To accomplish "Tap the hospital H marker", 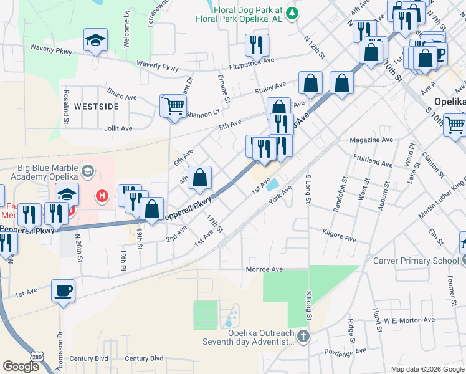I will pyautogui.click(x=102, y=197).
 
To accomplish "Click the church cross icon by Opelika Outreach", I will pyautogui.click(x=303, y=337).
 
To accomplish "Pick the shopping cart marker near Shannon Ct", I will pyautogui.click(x=175, y=105).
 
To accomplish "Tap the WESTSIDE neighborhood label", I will pyautogui.click(x=96, y=107).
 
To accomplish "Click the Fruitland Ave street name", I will pyautogui.click(x=372, y=164).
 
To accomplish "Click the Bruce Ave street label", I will pyautogui.click(x=121, y=97).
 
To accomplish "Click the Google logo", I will pyautogui.click(x=21, y=366).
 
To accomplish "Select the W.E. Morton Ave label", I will pyautogui.click(x=407, y=321).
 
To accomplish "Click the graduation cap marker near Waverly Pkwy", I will pyautogui.click(x=95, y=41).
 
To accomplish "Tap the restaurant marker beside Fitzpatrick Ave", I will pyautogui.click(x=256, y=44).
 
